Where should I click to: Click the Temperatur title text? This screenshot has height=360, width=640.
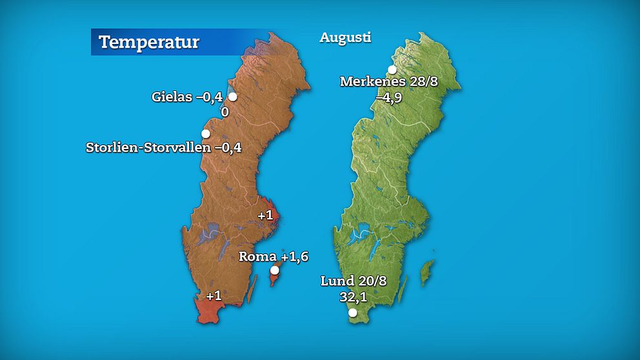coord(149,43)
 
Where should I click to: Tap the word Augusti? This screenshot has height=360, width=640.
coord(345,37)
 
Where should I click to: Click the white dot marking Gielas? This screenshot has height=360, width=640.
coord(232,97)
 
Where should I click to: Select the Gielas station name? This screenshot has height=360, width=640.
coord(172,97)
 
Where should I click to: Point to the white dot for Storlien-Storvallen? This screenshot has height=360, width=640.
coord(205,134)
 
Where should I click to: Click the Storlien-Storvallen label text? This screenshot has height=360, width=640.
coord(148,148)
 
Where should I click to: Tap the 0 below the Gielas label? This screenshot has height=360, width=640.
coord(225,112)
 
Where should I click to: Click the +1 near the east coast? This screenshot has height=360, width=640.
coord(265,215)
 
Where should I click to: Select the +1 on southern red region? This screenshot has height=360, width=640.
coord(214,295)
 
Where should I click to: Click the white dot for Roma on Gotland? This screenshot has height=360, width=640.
coord(274,270)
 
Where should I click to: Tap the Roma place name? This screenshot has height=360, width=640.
coord(257,256)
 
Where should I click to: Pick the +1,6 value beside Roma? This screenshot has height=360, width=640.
coord(295,256)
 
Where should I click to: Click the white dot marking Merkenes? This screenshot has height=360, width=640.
coord(392,70)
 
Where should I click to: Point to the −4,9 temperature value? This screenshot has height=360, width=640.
coord(389,97)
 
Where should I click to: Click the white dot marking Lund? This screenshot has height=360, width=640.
coord(352,313)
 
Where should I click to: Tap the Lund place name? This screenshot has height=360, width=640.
coord(337,281)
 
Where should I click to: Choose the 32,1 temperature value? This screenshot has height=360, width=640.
coord(353,297)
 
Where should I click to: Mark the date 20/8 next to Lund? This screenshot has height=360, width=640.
coord(373,281)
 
